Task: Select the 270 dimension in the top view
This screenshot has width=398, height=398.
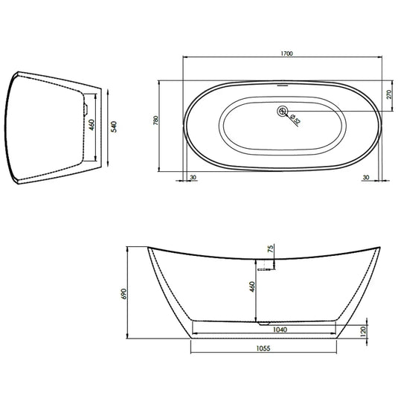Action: [x=388, y=94]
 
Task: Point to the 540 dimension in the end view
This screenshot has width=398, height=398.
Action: [x=113, y=127]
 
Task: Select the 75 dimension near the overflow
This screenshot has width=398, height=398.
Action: [x=271, y=249]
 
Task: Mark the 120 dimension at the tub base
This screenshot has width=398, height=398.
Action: [x=363, y=330]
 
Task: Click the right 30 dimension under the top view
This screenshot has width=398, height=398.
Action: [x=365, y=177]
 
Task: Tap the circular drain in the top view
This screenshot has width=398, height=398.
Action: [x=282, y=112]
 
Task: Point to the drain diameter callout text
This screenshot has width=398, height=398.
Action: [x=293, y=118]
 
